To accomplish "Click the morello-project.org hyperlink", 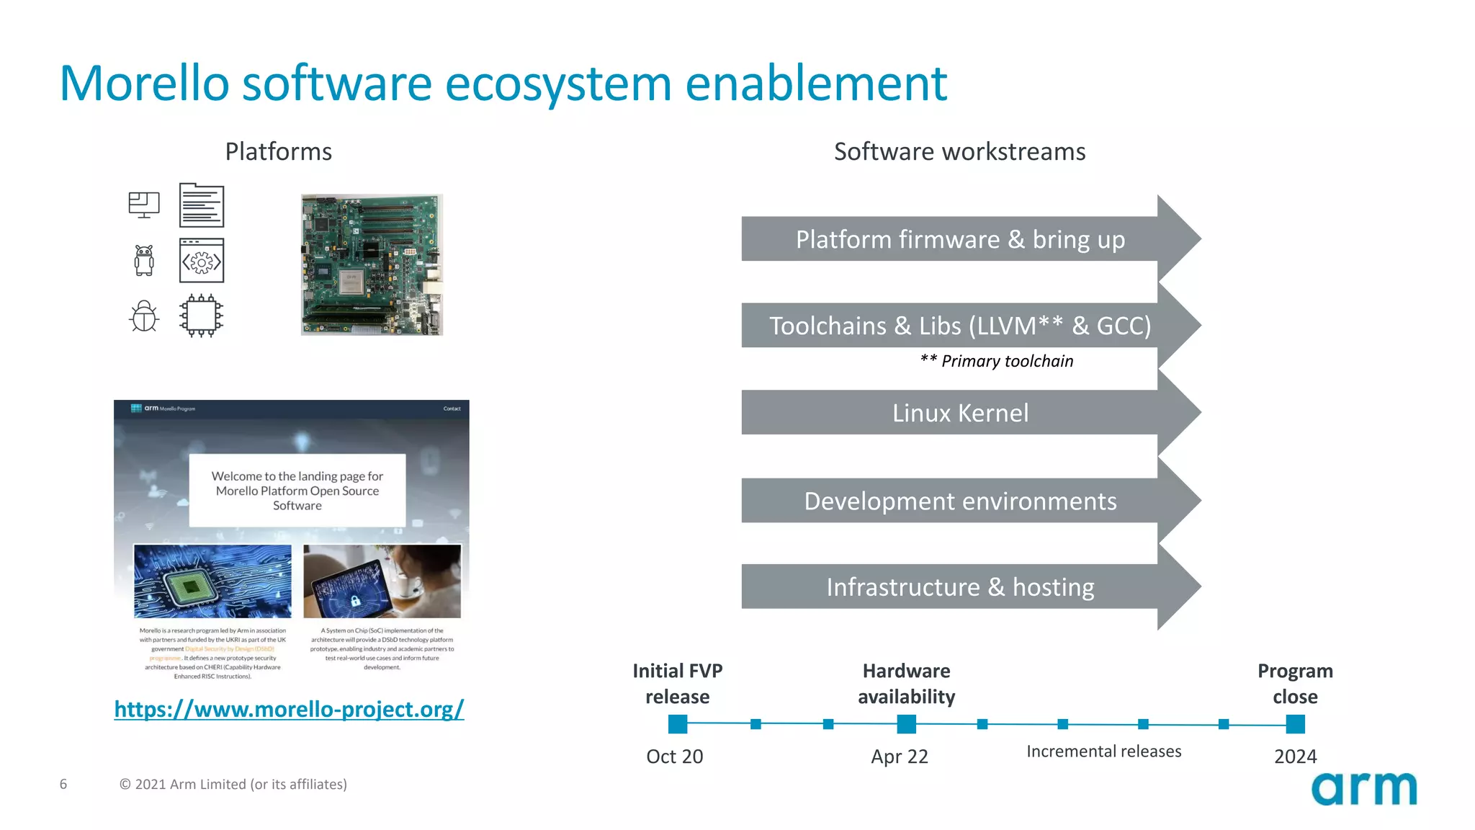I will [x=289, y=709].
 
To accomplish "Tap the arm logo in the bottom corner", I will [x=1363, y=789].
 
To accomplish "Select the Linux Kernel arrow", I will [x=960, y=413].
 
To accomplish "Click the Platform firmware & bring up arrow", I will [x=960, y=239].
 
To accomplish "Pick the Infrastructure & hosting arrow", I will [x=960, y=587].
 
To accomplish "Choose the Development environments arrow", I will [x=960, y=501].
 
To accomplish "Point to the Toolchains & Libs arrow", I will [x=960, y=326].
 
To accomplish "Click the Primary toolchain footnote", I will [x=997, y=361].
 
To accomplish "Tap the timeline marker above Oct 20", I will [x=678, y=723].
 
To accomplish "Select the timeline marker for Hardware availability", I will [x=906, y=723].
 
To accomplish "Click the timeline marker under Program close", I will [x=1295, y=723].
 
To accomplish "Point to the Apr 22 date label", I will [x=899, y=757].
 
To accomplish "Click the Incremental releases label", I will [x=1103, y=751].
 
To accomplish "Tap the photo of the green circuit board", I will [x=372, y=264].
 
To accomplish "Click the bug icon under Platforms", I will [x=144, y=316].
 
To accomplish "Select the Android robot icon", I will [x=144, y=260].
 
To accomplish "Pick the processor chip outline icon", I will [x=202, y=316].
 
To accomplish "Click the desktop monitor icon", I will [x=144, y=205].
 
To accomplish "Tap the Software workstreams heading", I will [x=959, y=151].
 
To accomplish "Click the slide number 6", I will [x=63, y=784].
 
